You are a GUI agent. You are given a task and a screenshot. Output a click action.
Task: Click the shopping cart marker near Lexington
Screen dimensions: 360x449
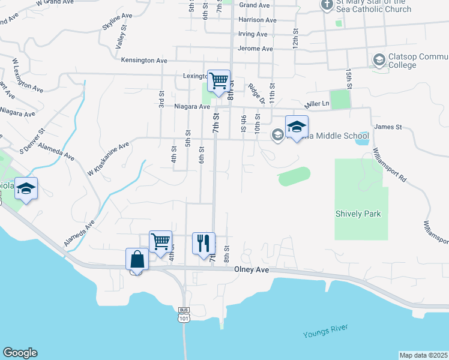tap(218, 80)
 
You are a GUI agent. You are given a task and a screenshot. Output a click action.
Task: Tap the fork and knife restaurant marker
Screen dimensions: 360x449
tap(203, 242)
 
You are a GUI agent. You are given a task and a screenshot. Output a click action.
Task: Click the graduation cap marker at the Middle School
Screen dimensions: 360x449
tap(297, 126)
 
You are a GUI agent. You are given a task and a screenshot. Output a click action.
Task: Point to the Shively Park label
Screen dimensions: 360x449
tap(358, 214)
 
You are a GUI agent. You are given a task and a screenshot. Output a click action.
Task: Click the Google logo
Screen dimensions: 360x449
tap(20, 353)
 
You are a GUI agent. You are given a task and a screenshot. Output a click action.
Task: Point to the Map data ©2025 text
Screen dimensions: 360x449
tap(423, 355)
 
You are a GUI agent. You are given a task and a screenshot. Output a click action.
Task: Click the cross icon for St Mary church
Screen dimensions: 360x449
tap(327, 5)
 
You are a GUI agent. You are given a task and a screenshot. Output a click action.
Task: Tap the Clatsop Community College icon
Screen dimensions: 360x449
tap(379, 59)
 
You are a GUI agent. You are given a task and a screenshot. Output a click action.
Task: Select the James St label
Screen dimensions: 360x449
tap(387, 127)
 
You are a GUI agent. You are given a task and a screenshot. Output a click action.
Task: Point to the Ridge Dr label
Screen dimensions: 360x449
tap(255, 93)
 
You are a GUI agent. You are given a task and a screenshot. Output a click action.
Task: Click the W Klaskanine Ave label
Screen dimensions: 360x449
tap(108, 160)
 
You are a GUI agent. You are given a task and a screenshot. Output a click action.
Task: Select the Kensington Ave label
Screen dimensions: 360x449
tap(144, 61)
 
